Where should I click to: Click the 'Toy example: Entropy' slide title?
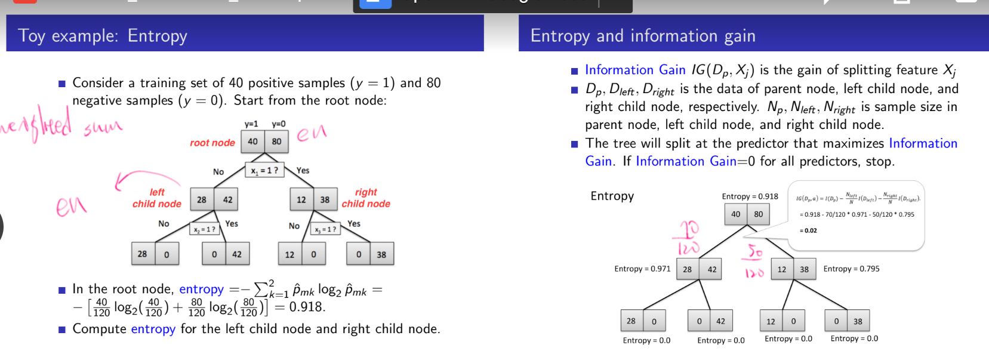click(x=103, y=36)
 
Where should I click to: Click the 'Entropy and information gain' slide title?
click(x=643, y=36)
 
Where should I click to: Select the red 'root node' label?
click(x=212, y=143)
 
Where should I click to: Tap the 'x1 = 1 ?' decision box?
click(x=264, y=170)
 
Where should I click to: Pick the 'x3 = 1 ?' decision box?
click(x=325, y=229)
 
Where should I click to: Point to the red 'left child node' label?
click(x=157, y=198)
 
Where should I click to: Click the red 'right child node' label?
click(x=366, y=198)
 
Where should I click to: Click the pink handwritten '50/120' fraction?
click(x=755, y=261)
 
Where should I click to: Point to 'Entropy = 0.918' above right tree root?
click(x=750, y=196)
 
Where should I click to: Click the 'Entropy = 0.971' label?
click(x=642, y=269)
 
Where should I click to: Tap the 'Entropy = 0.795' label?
click(x=851, y=269)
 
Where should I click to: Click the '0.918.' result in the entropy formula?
click(x=307, y=307)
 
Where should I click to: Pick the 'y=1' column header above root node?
click(x=251, y=124)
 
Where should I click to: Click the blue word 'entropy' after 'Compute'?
click(x=153, y=329)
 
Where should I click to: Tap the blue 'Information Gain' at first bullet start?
click(x=635, y=70)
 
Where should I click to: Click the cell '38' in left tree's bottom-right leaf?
click(x=381, y=254)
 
